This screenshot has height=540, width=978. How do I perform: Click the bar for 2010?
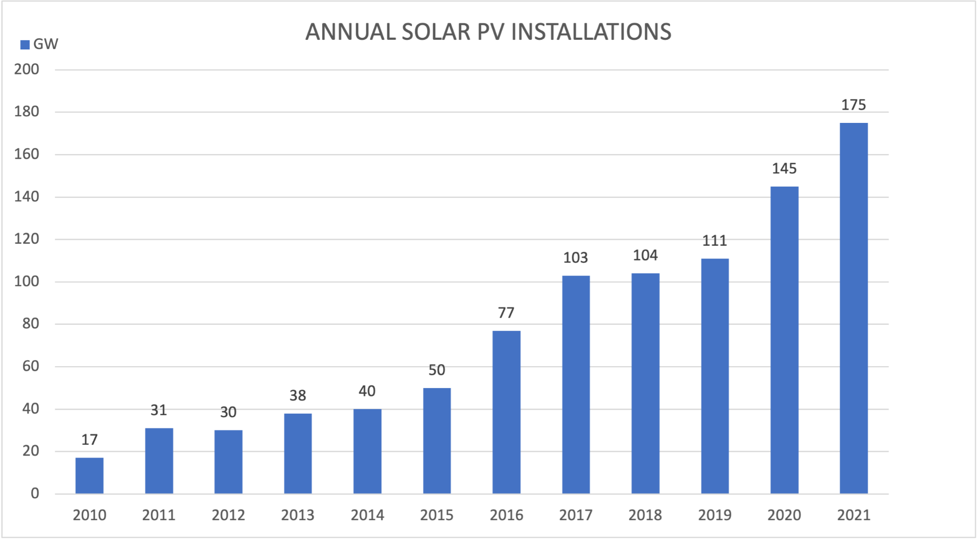pos(89,475)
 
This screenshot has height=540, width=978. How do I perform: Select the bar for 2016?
pos(506,412)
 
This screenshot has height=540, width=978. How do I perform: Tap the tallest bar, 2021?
pos(854,308)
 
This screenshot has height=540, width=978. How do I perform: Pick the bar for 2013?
pos(298,453)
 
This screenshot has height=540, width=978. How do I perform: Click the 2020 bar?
pos(784,340)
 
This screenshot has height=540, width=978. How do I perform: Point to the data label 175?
pos(854,105)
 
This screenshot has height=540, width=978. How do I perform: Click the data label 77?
pos(506,313)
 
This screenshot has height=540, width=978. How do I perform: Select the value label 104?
pos(645,255)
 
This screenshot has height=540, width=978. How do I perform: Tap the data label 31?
pos(158,410)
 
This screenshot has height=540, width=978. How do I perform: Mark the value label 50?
pos(437,370)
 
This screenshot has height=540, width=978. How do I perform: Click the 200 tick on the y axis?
pos(27,69)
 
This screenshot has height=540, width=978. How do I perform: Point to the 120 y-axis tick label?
pos(27,239)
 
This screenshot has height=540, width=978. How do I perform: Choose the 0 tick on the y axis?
pos(35,493)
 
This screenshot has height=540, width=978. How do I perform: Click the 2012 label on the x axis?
pos(228,515)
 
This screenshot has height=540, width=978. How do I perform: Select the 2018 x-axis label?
pos(645,515)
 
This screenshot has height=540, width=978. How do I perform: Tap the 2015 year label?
pos(437,515)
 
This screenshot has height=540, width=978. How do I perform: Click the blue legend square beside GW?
pos(24,45)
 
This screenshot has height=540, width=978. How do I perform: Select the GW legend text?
pos(46,44)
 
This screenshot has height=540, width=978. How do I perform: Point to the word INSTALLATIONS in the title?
pos(591,32)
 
